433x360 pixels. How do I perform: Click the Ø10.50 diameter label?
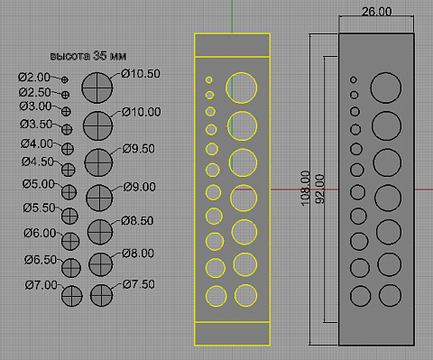(141, 74)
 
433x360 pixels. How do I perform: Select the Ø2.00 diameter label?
(34, 78)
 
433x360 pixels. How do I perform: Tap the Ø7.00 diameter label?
(41, 285)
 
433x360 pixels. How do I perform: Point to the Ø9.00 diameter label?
(140, 187)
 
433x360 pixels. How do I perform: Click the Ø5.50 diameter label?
(39, 208)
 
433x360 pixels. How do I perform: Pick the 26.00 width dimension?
(376, 12)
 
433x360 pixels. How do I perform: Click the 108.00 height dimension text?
(305, 189)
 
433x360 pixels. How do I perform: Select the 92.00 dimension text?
(320, 189)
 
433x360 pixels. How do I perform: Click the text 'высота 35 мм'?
(88, 56)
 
